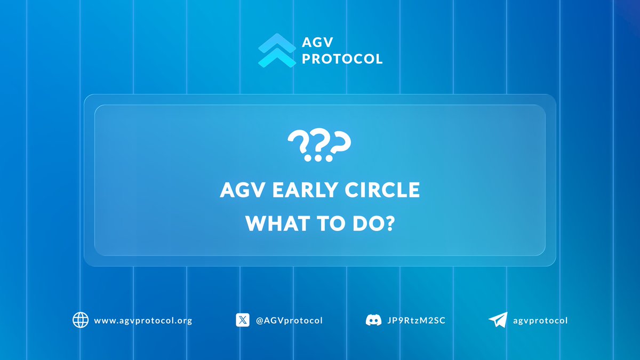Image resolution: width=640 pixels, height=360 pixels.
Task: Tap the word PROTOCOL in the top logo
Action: (342, 59)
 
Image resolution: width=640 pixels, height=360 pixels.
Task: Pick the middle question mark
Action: (319, 146)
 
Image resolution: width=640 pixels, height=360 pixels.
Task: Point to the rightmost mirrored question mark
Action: (339, 146)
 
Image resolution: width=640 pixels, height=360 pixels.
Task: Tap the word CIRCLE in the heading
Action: (380, 191)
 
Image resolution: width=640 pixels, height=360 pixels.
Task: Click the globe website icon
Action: (80, 320)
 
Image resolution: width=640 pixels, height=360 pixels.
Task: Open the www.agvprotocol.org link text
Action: (143, 321)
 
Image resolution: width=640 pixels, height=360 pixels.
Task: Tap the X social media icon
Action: (243, 320)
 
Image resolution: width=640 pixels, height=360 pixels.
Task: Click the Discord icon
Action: (373, 320)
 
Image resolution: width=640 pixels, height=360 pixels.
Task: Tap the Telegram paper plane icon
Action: (498, 320)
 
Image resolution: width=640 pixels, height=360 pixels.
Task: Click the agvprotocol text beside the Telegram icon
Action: (540, 321)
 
